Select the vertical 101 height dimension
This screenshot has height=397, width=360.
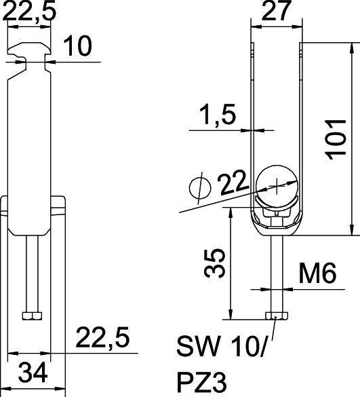tap(338, 138)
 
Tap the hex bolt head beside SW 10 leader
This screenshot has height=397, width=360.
tap(275, 316)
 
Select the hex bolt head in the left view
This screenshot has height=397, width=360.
tap(31, 316)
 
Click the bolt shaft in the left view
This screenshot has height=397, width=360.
tap(31, 271)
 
